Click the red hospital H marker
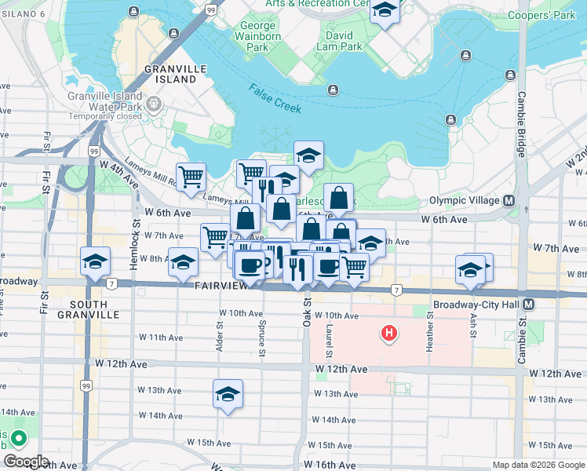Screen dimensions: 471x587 [388, 334]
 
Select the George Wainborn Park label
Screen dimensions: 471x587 [256, 36]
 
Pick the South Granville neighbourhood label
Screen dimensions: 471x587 [94, 309]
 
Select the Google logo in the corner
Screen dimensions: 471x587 [26, 462]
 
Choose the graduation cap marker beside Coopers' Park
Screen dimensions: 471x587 [384, 11]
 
